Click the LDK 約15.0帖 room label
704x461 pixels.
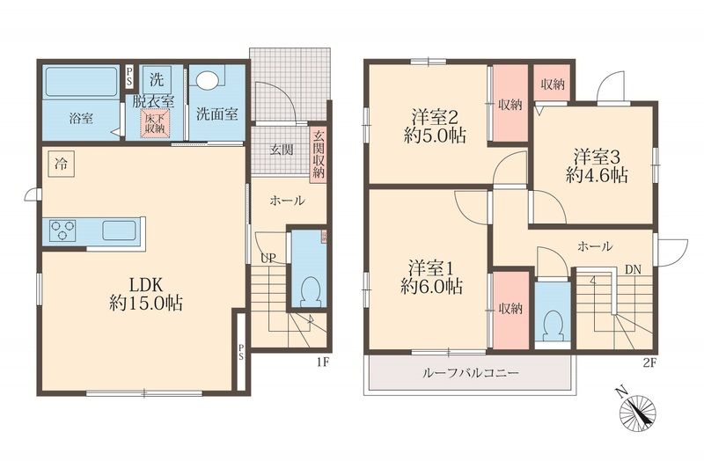click(144, 295)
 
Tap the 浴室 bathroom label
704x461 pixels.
click(82, 116)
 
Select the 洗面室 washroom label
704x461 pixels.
click(216, 113)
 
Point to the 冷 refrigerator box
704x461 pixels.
click(61, 164)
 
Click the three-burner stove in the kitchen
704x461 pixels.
click(64, 231)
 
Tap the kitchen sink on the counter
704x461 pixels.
click(118, 231)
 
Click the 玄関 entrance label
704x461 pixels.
click(281, 149)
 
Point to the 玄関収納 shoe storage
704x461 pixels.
click(319, 154)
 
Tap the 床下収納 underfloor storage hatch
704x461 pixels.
click(155, 124)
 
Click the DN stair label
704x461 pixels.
click(633, 269)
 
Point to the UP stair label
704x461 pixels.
click(266, 259)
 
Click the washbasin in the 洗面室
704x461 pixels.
click(208, 80)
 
